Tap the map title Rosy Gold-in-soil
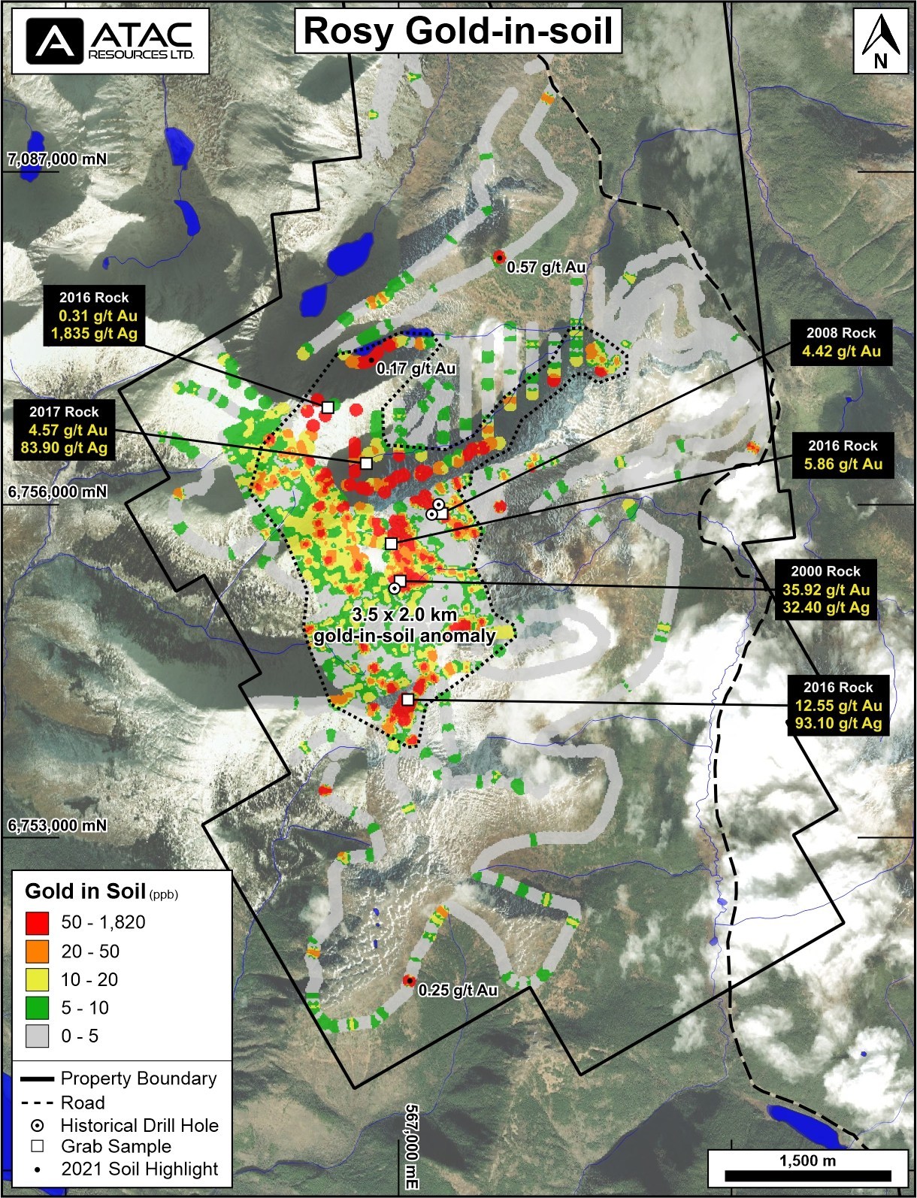(x=458, y=32)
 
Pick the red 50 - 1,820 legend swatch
(x=37, y=923)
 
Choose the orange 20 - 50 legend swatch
(x=37, y=951)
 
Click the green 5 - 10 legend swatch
(x=37, y=1008)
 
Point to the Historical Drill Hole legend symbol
(x=37, y=1126)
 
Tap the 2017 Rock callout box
(x=64, y=430)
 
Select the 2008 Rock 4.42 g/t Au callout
(x=841, y=343)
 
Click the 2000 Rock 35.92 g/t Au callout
(x=825, y=589)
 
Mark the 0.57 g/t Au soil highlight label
(x=546, y=267)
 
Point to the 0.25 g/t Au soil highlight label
(x=458, y=990)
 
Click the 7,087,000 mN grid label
(x=57, y=159)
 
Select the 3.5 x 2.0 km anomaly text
(x=404, y=625)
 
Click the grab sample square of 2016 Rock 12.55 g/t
(x=407, y=700)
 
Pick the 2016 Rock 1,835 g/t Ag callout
(x=94, y=316)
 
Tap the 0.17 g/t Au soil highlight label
(x=416, y=368)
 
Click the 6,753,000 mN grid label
(x=57, y=825)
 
